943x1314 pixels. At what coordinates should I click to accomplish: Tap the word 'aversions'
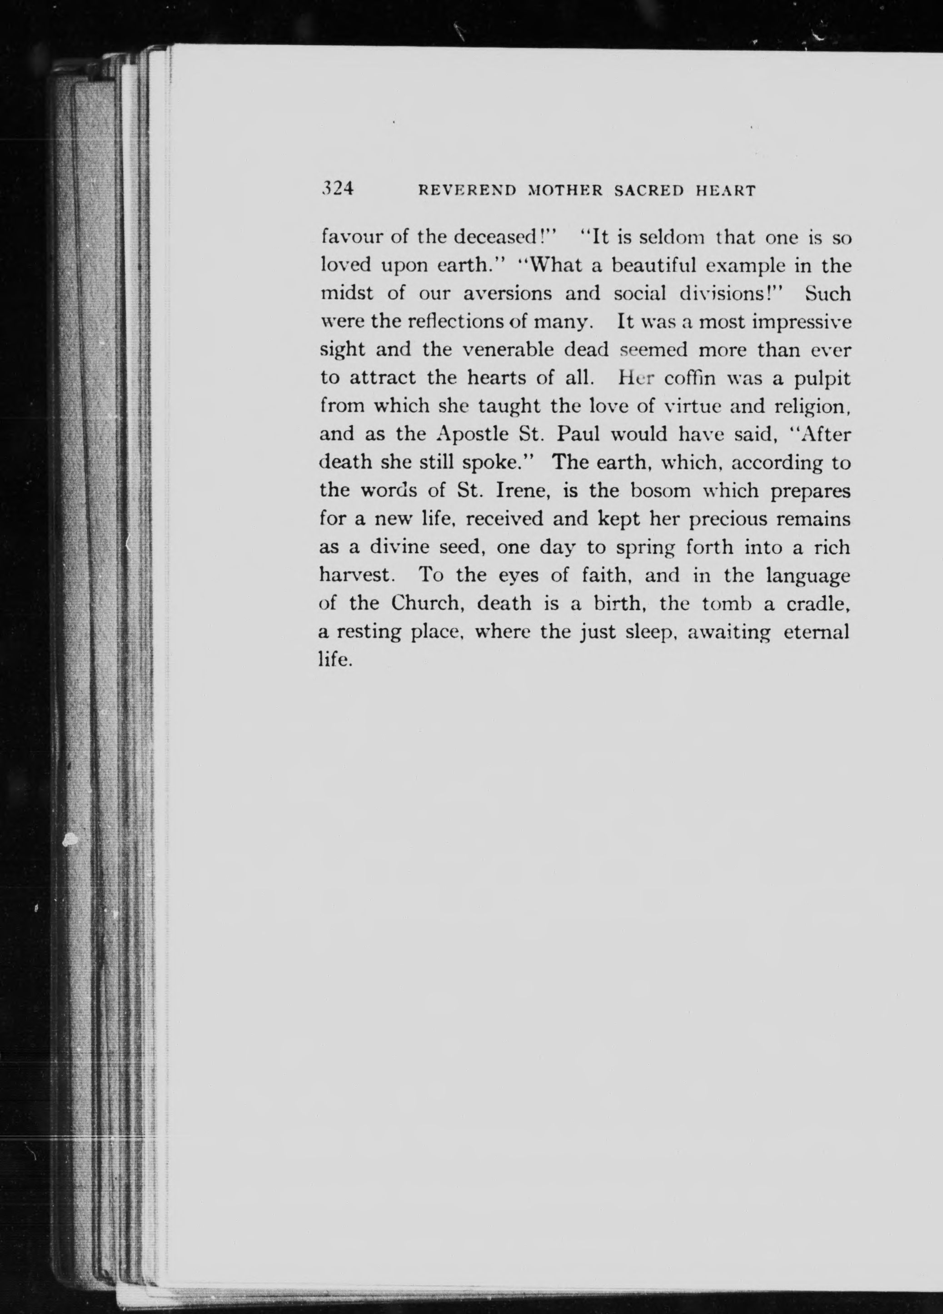pos(507,294)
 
